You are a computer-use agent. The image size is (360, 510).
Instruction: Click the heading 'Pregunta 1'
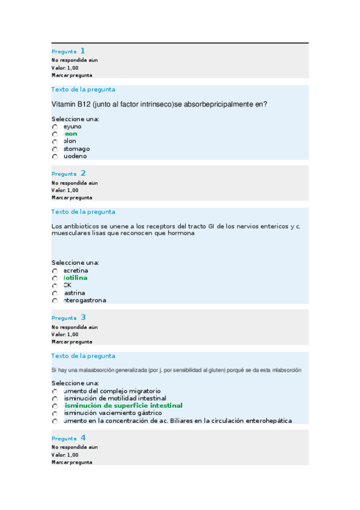click(x=68, y=51)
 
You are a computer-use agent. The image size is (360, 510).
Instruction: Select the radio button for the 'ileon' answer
click(x=55, y=134)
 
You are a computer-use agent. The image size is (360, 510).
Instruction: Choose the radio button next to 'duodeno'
click(x=55, y=156)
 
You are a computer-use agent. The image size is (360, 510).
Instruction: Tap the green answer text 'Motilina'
click(x=75, y=278)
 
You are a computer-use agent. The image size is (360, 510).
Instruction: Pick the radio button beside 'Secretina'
click(x=55, y=271)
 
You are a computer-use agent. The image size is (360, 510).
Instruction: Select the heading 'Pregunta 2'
click(x=69, y=173)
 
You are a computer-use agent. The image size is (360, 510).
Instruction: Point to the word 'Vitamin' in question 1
click(x=65, y=104)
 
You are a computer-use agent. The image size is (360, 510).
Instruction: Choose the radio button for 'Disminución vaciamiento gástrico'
click(x=55, y=414)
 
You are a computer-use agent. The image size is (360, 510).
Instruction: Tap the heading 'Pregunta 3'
click(x=69, y=318)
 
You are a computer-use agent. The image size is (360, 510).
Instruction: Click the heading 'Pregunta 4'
click(x=69, y=438)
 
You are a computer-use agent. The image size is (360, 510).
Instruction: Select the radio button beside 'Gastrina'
click(x=55, y=293)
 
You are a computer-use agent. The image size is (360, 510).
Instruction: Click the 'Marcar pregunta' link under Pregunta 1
click(x=72, y=76)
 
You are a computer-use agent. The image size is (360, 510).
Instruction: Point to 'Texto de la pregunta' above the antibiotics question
click(x=84, y=212)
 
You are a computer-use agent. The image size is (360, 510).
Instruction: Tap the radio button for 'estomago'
click(x=55, y=149)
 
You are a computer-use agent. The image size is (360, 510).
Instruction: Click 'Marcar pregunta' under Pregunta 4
click(x=72, y=462)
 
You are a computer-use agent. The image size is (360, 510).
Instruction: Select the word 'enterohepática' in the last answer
click(x=267, y=420)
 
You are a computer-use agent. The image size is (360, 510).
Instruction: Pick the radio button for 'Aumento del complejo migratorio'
click(x=55, y=392)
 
